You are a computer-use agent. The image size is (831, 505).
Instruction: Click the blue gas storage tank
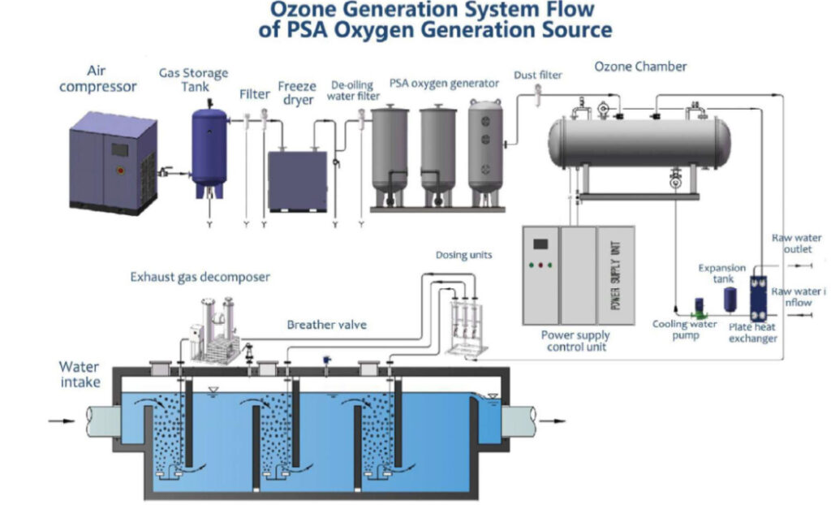pyautogui.click(x=209, y=151)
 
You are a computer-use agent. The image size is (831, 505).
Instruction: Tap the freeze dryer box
pyautogui.click(x=298, y=179)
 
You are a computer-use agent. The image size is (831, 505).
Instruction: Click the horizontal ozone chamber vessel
pyautogui.click(x=639, y=142)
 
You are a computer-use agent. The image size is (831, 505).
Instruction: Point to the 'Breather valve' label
pyautogui.click(x=327, y=325)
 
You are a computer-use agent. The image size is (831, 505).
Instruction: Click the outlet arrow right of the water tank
pyautogui.click(x=552, y=421)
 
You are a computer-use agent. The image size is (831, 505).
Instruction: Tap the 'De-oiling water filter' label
pyautogui.click(x=353, y=90)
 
